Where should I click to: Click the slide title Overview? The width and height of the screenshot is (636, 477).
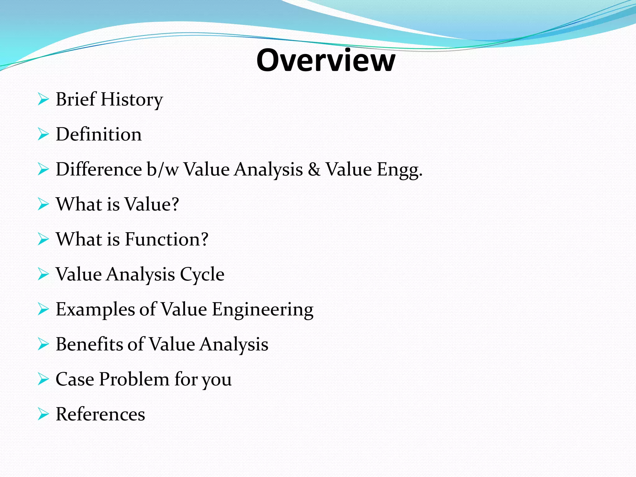click(326, 60)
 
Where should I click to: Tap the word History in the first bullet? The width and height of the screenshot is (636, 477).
click(132, 100)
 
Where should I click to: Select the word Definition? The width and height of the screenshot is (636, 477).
click(99, 134)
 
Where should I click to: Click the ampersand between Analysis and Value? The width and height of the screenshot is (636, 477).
click(314, 170)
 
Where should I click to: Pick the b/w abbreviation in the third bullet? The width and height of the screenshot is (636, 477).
click(163, 170)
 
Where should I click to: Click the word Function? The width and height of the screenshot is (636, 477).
click(167, 239)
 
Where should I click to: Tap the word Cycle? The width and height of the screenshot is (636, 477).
click(202, 275)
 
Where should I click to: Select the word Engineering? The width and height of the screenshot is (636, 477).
click(263, 310)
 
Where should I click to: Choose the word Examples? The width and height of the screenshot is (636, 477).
click(95, 310)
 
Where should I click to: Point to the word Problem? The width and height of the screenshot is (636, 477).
click(134, 379)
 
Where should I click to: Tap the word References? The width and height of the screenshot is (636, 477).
click(100, 414)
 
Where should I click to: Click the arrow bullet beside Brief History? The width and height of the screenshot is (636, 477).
click(43, 100)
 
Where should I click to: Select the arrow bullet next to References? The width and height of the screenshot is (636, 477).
click(43, 414)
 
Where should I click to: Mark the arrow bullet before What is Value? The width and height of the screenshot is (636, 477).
click(43, 205)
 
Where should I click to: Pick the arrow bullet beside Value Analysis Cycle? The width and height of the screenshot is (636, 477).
click(43, 275)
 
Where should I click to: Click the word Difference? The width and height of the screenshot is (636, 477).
click(99, 170)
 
